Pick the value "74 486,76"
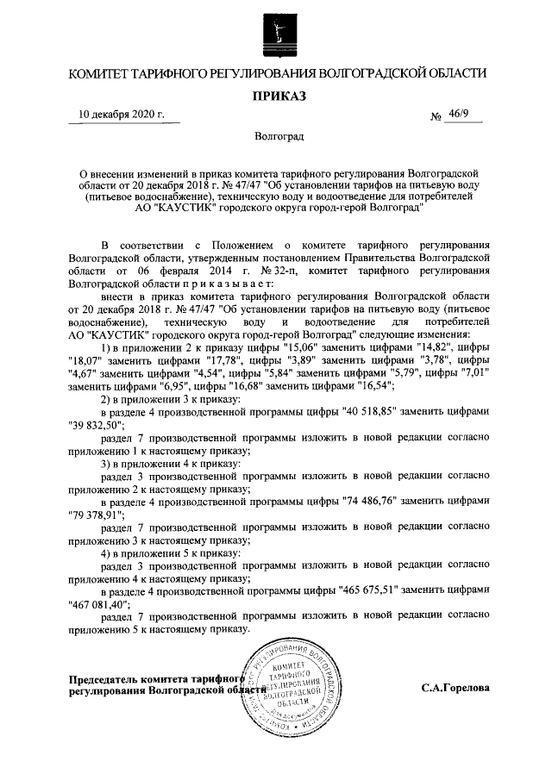click(x=367, y=500)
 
